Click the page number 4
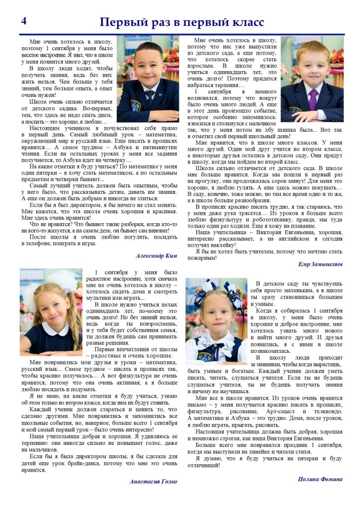(24, 20)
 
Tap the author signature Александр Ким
(156, 255)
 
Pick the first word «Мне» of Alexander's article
(35, 42)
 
